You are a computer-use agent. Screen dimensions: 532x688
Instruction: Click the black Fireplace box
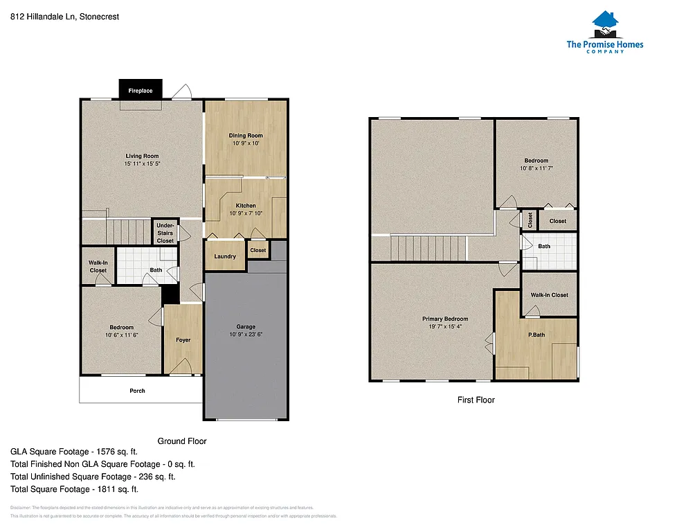[141, 90]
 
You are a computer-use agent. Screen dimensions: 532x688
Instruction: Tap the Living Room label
[142, 156]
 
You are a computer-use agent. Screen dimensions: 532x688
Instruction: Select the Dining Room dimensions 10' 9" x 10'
[246, 143]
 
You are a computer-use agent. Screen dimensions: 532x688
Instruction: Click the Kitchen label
[246, 206]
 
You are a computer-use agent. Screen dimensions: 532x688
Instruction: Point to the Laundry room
[225, 256]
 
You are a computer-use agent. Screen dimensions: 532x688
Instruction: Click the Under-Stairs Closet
[165, 233]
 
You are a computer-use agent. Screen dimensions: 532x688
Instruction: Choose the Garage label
[246, 326]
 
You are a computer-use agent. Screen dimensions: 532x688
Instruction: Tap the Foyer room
[183, 340]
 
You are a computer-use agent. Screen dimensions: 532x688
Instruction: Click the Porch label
[138, 391]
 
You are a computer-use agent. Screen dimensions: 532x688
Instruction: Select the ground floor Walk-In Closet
[98, 266]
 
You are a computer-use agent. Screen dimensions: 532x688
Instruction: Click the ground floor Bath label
[156, 270]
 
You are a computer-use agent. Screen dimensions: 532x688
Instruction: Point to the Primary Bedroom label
[446, 319]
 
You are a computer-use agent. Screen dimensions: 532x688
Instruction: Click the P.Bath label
[536, 335]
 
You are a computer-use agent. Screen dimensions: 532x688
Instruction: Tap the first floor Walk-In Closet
[550, 294]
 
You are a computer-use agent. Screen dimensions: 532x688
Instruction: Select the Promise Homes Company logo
[604, 33]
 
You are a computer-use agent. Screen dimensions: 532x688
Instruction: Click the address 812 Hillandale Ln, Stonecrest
[65, 17]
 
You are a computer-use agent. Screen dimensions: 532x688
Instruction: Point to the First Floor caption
[476, 400]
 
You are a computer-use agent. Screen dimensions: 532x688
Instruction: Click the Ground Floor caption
[182, 441]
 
